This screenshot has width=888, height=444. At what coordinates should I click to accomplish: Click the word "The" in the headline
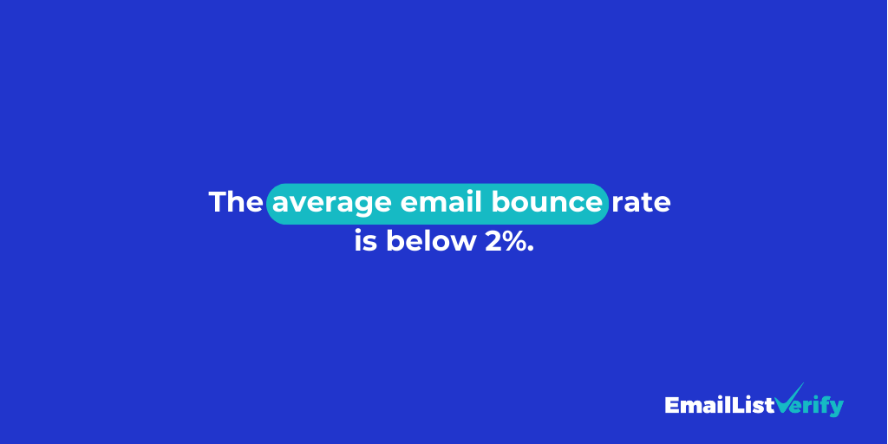(x=235, y=203)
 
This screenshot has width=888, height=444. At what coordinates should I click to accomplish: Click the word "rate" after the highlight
(x=642, y=204)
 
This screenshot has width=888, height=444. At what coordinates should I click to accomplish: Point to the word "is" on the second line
(x=365, y=242)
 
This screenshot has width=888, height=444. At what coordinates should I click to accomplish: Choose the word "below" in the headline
(x=425, y=242)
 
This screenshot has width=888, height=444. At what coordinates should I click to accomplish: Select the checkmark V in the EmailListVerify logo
(x=789, y=401)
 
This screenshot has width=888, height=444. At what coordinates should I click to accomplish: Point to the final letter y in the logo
(x=836, y=408)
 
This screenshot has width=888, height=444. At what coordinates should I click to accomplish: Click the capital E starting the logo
(x=672, y=405)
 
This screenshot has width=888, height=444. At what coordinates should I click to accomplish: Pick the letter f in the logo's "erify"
(x=823, y=404)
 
